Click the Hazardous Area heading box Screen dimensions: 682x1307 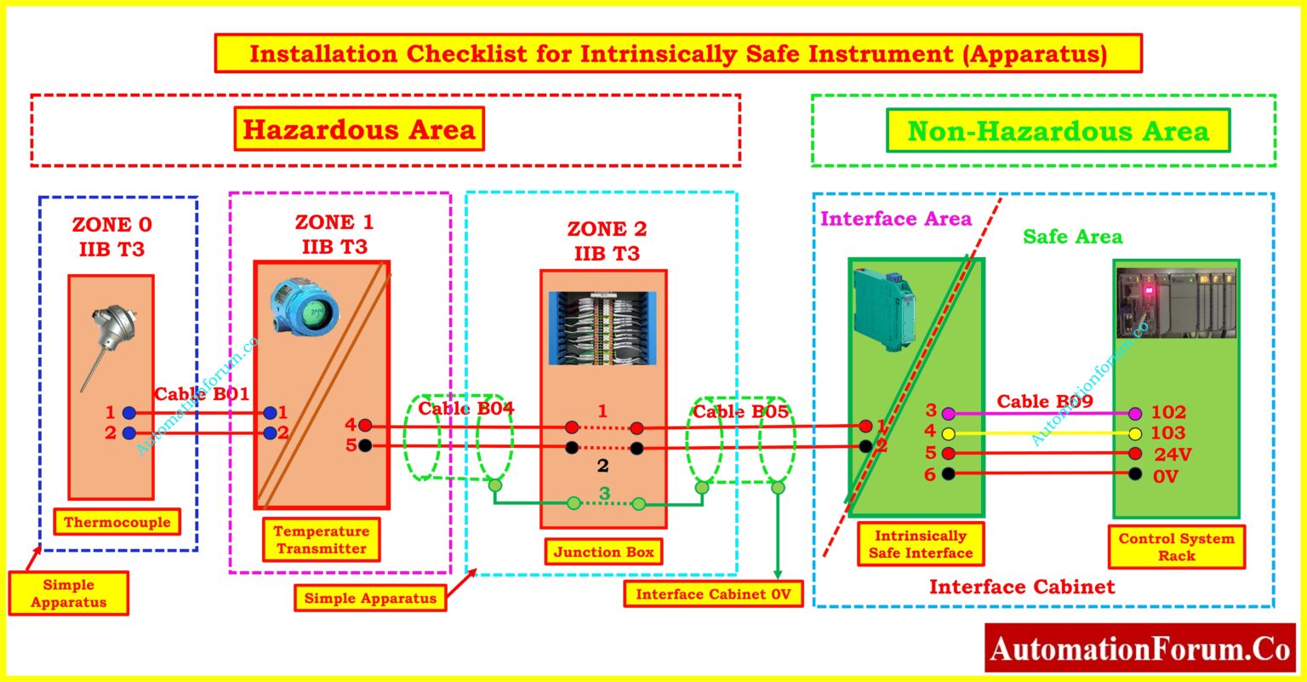359,129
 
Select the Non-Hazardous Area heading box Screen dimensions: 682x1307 1058,132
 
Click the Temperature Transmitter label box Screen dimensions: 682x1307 322,540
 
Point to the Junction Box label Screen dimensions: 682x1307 604,552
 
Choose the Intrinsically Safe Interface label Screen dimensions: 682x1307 921,544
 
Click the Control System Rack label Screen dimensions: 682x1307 1176,547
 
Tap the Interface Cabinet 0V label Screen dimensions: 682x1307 713,593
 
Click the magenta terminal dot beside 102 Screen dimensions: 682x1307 1135,414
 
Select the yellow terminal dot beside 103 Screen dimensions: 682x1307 1135,433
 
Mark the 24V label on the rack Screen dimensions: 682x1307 1173,454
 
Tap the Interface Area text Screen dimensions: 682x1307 895,219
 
